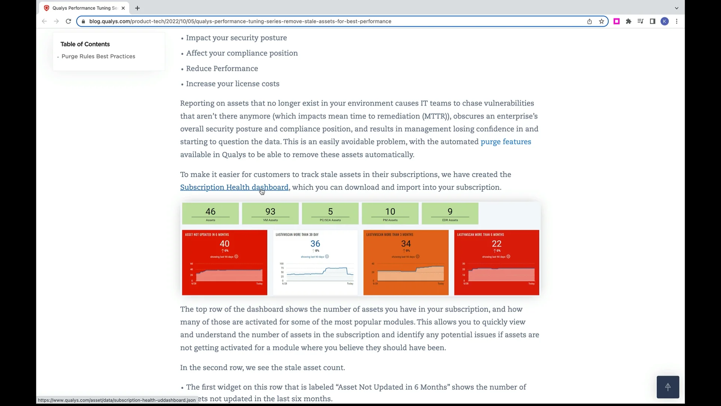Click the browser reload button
tap(68, 21)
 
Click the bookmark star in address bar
tap(602, 21)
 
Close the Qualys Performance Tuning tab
tap(123, 8)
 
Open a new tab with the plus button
tap(137, 8)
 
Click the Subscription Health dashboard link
tap(234, 187)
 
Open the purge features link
tap(505, 142)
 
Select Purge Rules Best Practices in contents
tap(98, 56)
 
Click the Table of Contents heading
tap(85, 44)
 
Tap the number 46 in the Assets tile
tap(210, 212)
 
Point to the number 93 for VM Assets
tap(270, 212)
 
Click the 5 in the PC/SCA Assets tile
tap(330, 212)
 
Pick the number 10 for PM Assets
tap(390, 212)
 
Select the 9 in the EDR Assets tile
tap(450, 212)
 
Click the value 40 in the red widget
tap(224, 244)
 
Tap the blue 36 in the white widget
tap(315, 244)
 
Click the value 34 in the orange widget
tap(406, 244)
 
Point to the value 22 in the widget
tap(496, 244)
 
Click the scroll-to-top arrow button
tap(668, 387)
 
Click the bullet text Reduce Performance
tap(222, 68)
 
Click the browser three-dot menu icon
tap(677, 21)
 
